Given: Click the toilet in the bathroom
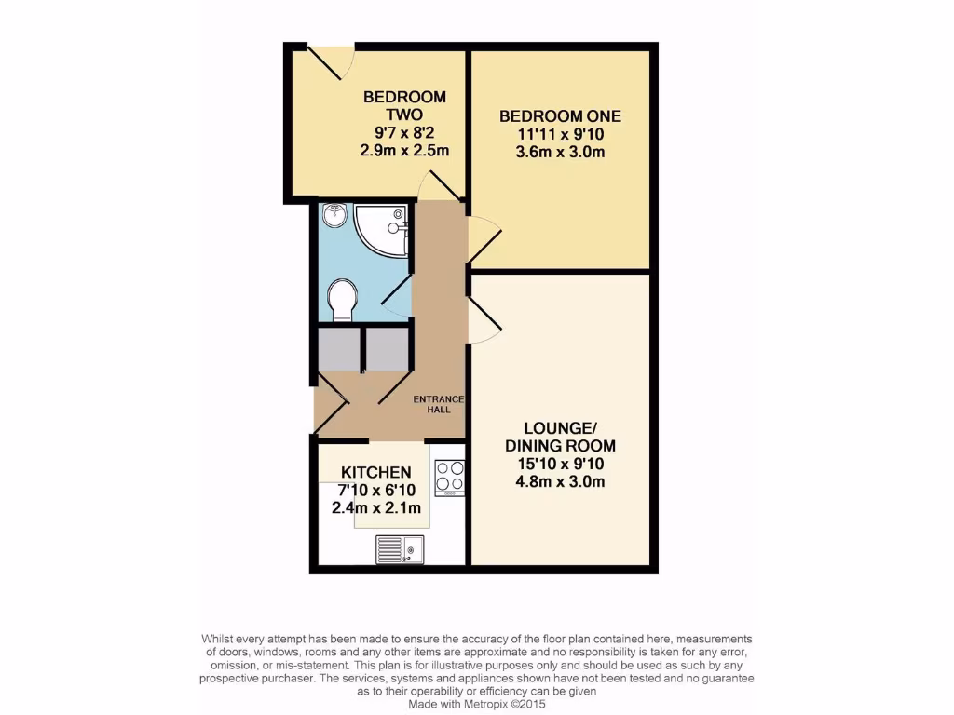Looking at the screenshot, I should (x=342, y=300).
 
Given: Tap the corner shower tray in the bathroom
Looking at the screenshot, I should (x=384, y=229).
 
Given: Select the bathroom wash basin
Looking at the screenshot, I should (x=334, y=217).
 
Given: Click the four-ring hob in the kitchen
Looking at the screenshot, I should (x=450, y=478).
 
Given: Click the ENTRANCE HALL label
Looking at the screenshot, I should (x=439, y=404).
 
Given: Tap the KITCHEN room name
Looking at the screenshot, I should (x=376, y=472).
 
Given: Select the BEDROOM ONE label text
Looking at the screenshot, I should (x=560, y=116).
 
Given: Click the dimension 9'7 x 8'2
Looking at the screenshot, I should (x=404, y=132).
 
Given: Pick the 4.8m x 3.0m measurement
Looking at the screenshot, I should (x=560, y=481).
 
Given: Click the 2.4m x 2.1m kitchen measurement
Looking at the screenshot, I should (x=376, y=508).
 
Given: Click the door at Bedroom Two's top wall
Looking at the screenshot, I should (x=330, y=62).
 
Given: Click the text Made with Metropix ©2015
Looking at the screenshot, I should (x=477, y=705).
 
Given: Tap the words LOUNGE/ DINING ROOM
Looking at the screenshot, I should (x=560, y=437).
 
